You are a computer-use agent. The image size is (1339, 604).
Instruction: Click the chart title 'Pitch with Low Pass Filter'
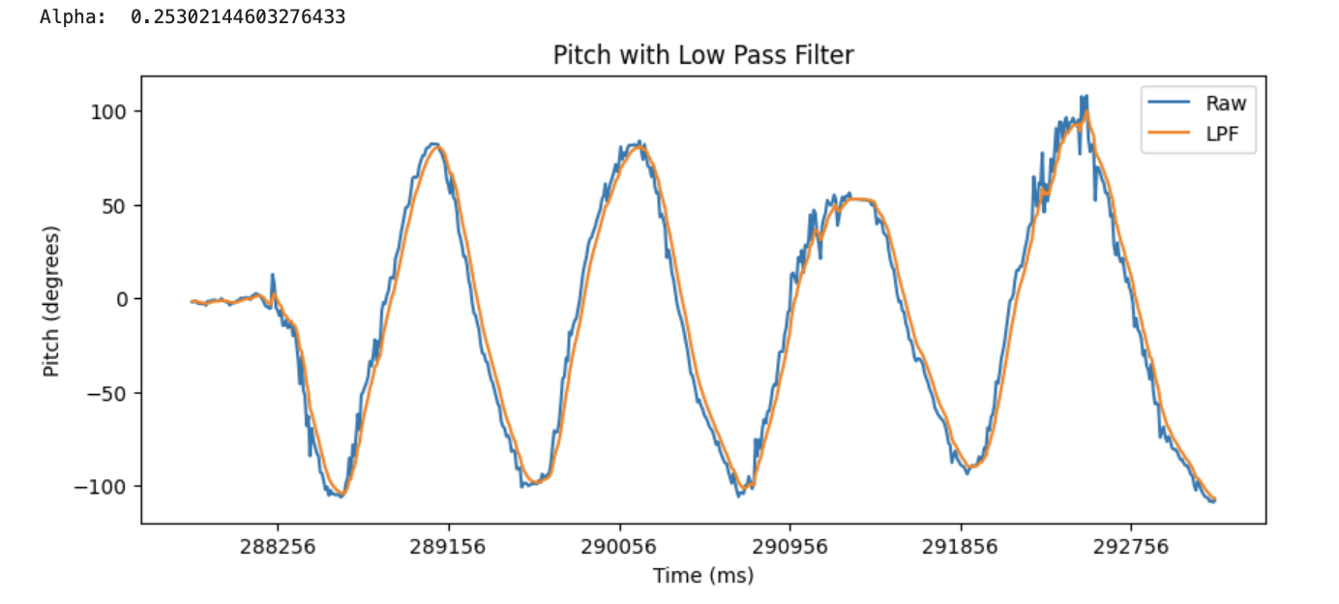click(703, 55)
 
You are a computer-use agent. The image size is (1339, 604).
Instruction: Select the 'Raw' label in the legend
click(1226, 104)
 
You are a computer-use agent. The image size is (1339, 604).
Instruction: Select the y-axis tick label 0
click(122, 299)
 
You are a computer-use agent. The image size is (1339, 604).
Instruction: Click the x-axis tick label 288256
click(277, 547)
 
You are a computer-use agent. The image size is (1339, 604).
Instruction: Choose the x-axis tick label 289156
click(448, 547)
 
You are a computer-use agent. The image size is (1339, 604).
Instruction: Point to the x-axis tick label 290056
click(619, 547)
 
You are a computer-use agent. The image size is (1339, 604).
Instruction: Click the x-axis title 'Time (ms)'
click(703, 576)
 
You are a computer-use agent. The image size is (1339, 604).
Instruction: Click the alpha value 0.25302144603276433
click(238, 17)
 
